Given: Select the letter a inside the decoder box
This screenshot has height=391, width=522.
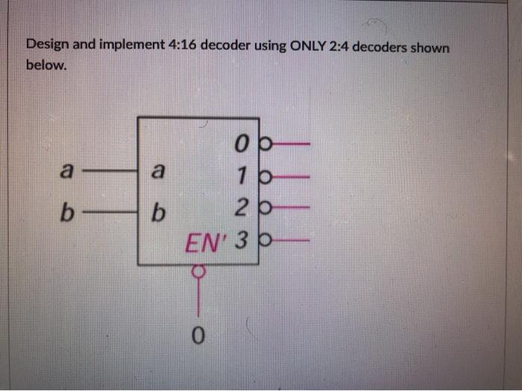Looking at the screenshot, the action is [157, 171].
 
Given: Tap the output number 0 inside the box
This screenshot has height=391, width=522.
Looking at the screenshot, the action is [240, 142].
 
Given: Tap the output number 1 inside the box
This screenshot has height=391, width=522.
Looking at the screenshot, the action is [241, 177].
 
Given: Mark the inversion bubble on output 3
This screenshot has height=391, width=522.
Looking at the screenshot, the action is [265, 242].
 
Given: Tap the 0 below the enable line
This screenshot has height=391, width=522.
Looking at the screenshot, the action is [198, 337].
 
